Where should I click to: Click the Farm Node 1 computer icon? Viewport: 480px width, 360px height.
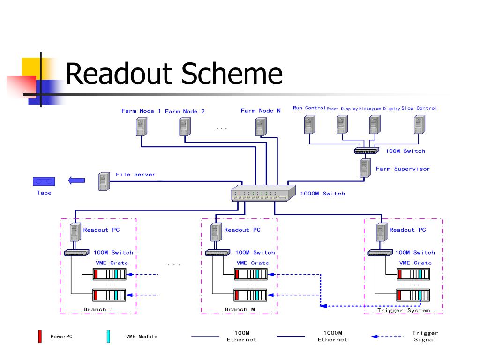tap(142, 127)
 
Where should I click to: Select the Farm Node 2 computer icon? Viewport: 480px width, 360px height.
tap(185, 127)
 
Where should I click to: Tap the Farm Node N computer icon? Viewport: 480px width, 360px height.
tap(261, 127)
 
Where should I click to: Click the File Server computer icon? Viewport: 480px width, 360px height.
tap(104, 181)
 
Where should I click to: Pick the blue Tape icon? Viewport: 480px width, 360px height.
tap(44, 181)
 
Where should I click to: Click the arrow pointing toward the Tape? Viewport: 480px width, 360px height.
tap(76, 180)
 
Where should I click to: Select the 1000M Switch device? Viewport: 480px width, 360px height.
tap(263, 193)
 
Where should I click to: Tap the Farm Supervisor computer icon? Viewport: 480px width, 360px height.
tap(365, 168)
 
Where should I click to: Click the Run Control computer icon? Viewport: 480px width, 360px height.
tap(309, 125)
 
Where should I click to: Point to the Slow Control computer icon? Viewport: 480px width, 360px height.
tap(420, 125)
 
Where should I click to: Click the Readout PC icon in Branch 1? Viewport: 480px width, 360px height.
tap(75, 232)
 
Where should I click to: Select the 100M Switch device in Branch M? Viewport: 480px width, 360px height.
tap(217, 253)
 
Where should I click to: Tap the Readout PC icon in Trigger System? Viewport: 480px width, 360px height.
tap(382, 232)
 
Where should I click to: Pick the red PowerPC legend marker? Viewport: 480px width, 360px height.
tap(40, 337)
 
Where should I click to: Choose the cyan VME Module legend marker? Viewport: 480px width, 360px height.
tap(108, 337)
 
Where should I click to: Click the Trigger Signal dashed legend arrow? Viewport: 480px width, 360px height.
tap(387, 337)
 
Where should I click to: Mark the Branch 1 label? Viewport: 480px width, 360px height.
tap(98, 309)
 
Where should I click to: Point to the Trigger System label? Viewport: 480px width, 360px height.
tap(404, 310)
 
